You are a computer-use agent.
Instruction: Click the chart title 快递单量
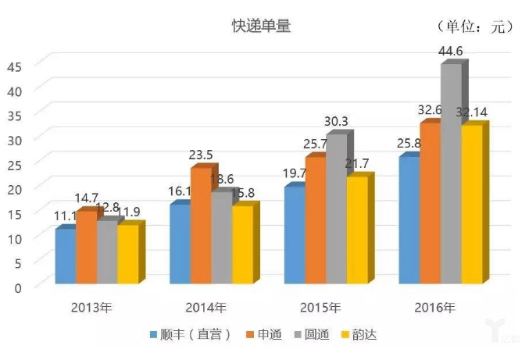[261, 26]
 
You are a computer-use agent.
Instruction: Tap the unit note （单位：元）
[474, 27]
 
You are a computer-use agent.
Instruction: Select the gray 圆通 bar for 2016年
[451, 176]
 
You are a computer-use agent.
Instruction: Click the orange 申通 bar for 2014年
[201, 226]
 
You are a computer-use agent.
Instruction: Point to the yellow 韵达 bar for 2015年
[356, 230]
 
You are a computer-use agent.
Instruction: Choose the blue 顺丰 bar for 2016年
[409, 221]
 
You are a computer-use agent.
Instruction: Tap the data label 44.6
[451, 52]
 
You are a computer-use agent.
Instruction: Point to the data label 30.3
[337, 122]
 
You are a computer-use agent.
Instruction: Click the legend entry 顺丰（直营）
[191, 334]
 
